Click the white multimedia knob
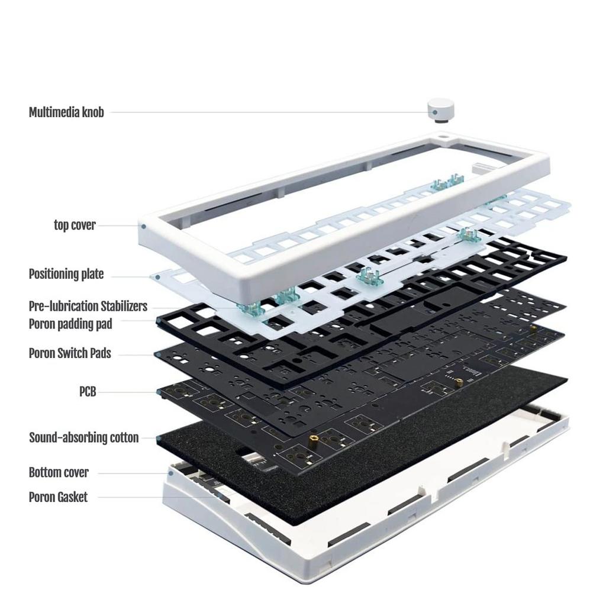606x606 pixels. click(x=440, y=109)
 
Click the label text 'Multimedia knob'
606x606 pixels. click(x=66, y=112)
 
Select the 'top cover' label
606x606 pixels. click(x=75, y=225)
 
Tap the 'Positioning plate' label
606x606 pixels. click(x=66, y=274)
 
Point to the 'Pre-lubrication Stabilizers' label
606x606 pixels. click(x=88, y=307)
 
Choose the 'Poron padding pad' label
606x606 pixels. click(x=70, y=324)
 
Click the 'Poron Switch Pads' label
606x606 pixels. click(x=70, y=353)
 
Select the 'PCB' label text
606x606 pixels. click(x=88, y=391)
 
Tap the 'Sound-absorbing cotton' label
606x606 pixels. click(x=84, y=438)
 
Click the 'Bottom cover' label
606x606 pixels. click(x=59, y=472)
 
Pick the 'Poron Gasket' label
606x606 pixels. click(x=58, y=497)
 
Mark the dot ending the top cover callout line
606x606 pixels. click(x=143, y=225)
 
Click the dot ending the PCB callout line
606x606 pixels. click(x=159, y=392)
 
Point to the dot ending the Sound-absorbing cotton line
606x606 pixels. click(x=159, y=439)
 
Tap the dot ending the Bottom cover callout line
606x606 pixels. click(x=170, y=473)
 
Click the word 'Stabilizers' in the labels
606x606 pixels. click(x=124, y=307)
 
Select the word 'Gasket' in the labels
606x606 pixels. click(x=72, y=497)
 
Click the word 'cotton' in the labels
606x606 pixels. click(x=124, y=438)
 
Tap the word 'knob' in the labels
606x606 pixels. click(x=92, y=112)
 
